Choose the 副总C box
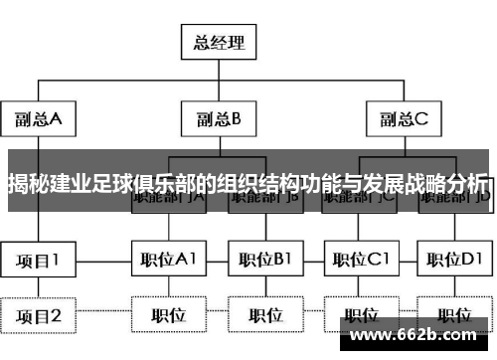[x=403, y=119]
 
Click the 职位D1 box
[x=453, y=261]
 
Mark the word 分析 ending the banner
[x=466, y=184]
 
